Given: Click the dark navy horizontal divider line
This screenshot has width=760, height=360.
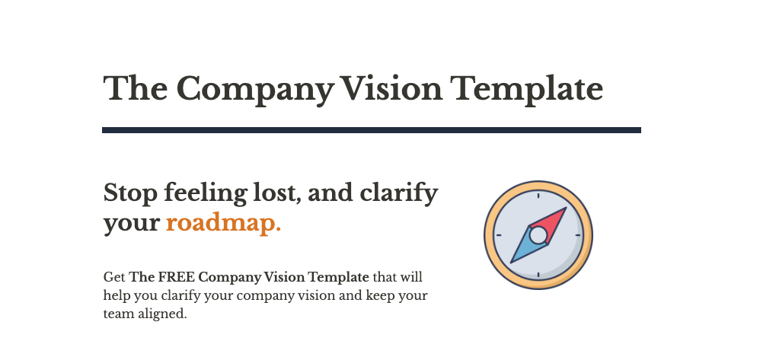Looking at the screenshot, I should pyautogui.click(x=371, y=130).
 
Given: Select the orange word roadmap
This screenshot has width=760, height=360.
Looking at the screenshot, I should pyautogui.click(x=223, y=223).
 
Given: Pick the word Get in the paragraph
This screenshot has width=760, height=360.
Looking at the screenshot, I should pyautogui.click(x=114, y=276).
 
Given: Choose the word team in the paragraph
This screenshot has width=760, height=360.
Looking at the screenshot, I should pyautogui.click(x=117, y=313).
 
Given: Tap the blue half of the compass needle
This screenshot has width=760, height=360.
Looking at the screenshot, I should pyautogui.click(x=524, y=250).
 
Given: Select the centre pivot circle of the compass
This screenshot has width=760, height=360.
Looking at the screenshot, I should pyautogui.click(x=538, y=235).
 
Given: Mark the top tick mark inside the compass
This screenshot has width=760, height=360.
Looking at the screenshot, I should pyautogui.click(x=538, y=196).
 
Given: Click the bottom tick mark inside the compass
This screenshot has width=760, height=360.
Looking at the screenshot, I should pyautogui.click(x=538, y=275).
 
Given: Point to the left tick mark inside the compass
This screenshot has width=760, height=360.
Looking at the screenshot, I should pyautogui.click(x=499, y=235).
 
